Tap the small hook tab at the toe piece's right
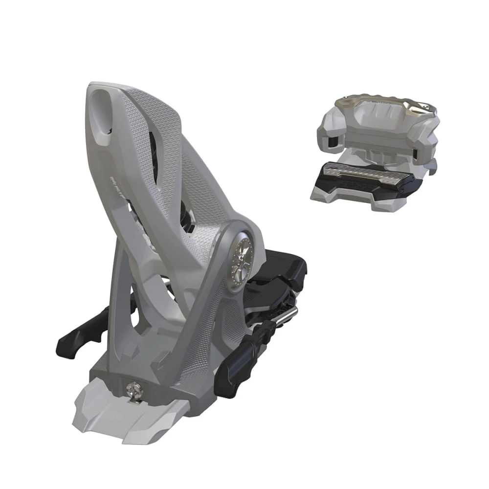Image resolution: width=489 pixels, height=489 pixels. [432, 169]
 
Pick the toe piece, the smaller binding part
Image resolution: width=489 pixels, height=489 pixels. [374, 152]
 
